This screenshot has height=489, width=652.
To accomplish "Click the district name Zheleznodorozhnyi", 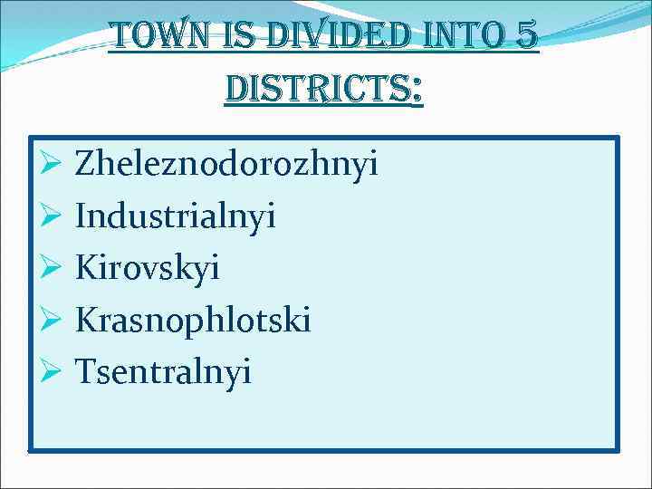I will point(226,165).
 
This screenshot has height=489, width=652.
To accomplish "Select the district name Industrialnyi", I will point(176,216).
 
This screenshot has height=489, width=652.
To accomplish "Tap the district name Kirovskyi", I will point(148,268).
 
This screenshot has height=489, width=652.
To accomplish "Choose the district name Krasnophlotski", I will point(193,320).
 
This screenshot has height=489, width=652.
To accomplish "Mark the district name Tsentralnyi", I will point(163,371).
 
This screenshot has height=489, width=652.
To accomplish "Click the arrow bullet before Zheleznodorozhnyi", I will point(50,165).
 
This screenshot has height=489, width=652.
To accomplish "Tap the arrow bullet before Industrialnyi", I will point(50,216).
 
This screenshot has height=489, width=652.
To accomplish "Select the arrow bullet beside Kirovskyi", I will point(50,268).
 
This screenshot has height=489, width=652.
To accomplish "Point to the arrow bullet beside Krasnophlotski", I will point(50,320).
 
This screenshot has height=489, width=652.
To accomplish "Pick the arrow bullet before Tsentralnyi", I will point(50,371).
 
